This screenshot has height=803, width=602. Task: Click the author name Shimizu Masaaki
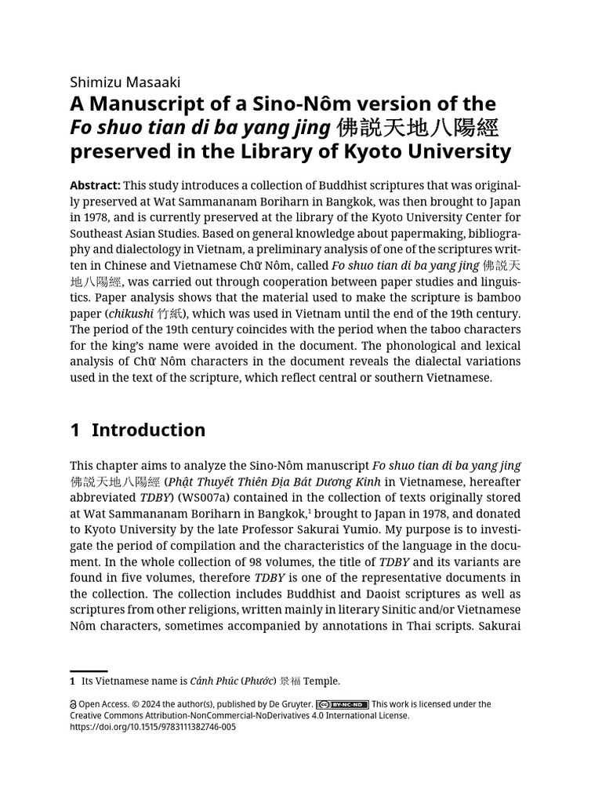pyautogui.click(x=125, y=82)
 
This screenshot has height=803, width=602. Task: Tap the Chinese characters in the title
pyautogui.click(x=417, y=128)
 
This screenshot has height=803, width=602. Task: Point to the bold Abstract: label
pyautogui.click(x=95, y=185)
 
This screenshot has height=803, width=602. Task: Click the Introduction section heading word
pyautogui.click(x=148, y=430)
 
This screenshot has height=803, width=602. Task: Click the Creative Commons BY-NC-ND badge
pyautogui.click(x=343, y=704)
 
